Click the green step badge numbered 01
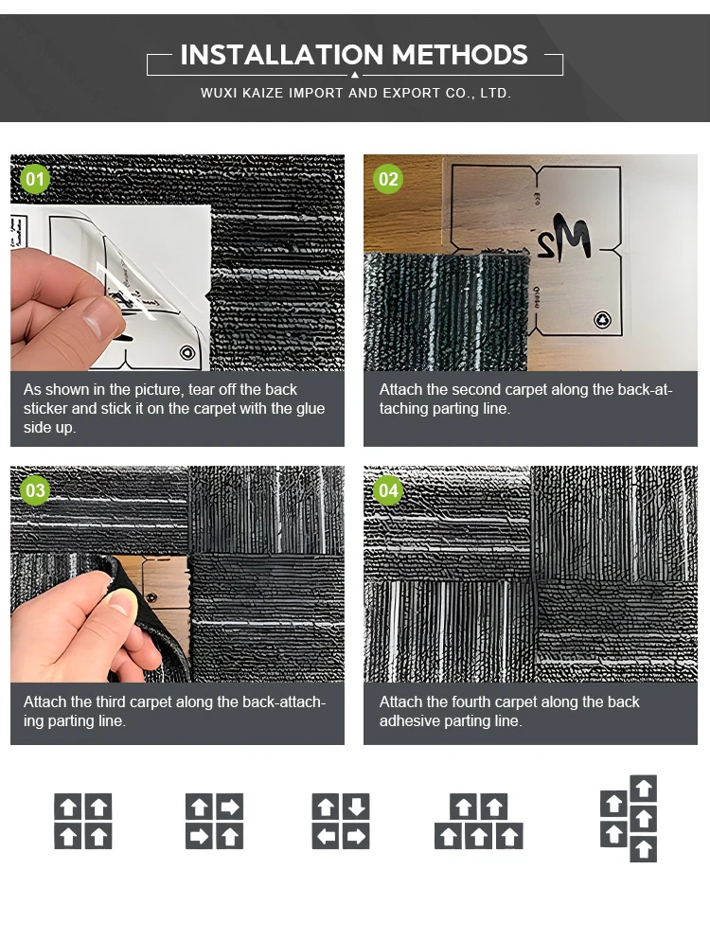coord(35,179)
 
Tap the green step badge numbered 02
coord(388,179)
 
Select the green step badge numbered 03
coord(35,490)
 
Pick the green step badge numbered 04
coord(388,491)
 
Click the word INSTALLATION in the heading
coord(281,55)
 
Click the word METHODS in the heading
coord(460,55)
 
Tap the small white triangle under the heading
coord(355,75)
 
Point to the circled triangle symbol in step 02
coord(603,320)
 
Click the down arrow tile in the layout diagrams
coord(357,806)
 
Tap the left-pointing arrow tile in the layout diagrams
coord(326,836)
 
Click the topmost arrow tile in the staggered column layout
coord(644,789)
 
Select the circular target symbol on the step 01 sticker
coord(187,352)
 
